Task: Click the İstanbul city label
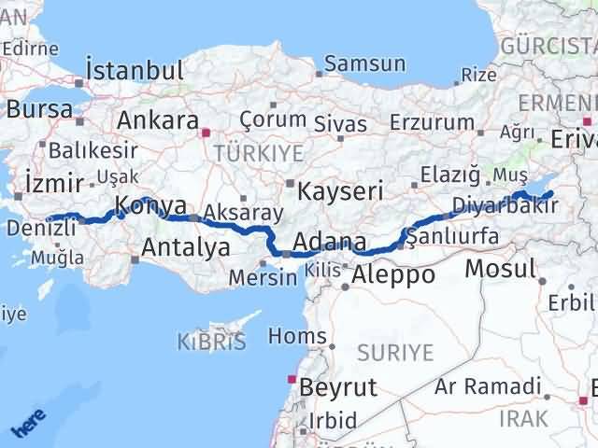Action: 134,70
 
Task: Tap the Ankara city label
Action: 158,121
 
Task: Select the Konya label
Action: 149,206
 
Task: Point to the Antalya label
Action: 186,247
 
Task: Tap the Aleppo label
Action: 392,275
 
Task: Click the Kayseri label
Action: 341,191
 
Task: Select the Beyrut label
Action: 335,386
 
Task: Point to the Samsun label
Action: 365,64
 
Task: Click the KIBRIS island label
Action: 212,343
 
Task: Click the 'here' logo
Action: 28,426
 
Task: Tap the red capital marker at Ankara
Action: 207,133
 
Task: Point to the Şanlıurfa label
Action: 454,237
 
